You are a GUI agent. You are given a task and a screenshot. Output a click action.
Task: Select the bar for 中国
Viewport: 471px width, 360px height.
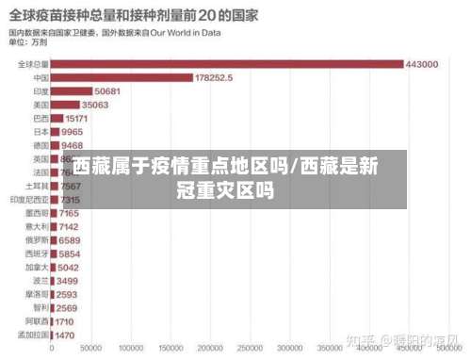(122, 78)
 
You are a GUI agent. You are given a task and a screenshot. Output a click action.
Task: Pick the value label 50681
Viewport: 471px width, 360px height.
(107, 91)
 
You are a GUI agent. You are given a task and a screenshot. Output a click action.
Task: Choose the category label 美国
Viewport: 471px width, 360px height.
(41, 106)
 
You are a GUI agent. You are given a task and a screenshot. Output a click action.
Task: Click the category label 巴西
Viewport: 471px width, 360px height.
(41, 119)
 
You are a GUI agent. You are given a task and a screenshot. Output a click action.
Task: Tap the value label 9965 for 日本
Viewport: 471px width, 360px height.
(72, 133)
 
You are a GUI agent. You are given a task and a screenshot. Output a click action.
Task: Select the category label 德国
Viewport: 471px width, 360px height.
(41, 146)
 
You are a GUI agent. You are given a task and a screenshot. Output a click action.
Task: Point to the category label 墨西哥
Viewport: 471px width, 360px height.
(37, 214)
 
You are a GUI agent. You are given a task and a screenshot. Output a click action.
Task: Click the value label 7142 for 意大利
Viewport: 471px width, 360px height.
(70, 227)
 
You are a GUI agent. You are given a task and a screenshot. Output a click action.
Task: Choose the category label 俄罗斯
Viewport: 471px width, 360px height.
(37, 241)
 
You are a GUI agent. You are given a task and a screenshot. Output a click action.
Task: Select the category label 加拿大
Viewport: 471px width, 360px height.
(37, 268)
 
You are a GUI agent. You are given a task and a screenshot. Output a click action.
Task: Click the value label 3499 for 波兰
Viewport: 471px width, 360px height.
(68, 281)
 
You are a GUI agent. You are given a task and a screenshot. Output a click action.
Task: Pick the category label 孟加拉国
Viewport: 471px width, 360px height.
(34, 335)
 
